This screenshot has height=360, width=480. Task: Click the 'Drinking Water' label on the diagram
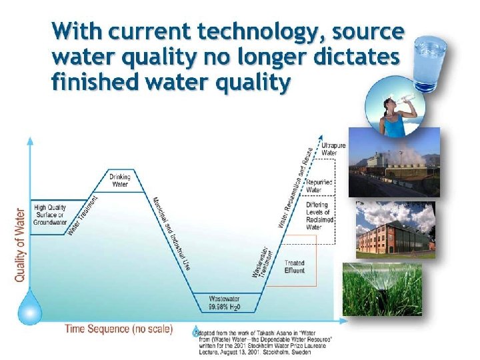coord(121,180)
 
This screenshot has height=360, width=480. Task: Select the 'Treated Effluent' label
coord(294,267)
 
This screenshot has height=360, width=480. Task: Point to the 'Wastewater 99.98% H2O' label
coord(224,303)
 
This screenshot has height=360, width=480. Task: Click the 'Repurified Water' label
coord(319,186)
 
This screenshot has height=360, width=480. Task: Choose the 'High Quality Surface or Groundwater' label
coord(49,215)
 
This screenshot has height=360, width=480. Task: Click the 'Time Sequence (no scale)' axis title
coord(118,329)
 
